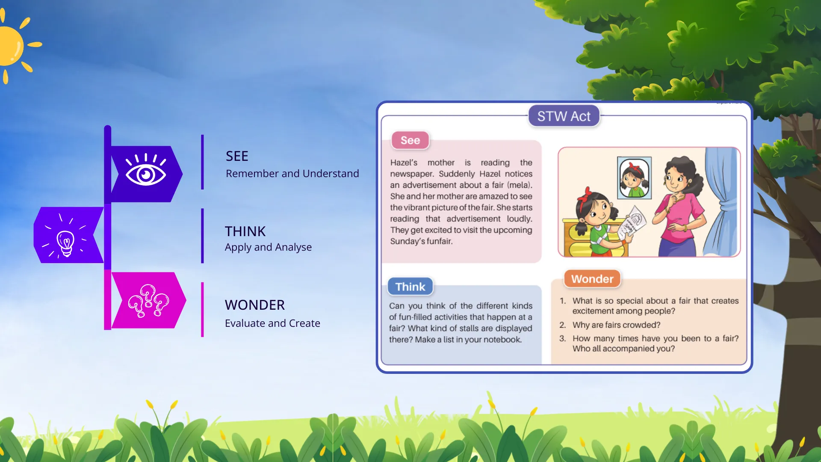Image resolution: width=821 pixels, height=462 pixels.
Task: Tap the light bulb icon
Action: (x=66, y=242)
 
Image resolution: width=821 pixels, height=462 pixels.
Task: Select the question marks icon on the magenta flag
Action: (x=148, y=300)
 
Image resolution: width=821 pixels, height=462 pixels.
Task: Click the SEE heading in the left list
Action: (x=237, y=156)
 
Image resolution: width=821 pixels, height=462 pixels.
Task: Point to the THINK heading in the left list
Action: (x=245, y=231)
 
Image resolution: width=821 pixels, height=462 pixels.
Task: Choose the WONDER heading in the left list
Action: (x=254, y=305)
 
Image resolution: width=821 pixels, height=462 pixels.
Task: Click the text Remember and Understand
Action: (x=292, y=174)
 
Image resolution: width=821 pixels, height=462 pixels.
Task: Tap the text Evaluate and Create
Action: (x=272, y=323)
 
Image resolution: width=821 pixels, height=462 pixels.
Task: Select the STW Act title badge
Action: (x=564, y=116)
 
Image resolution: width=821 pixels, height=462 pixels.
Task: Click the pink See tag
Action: (x=410, y=140)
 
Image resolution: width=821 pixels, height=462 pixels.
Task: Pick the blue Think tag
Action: (x=410, y=287)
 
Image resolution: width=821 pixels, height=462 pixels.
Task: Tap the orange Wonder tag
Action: (x=592, y=279)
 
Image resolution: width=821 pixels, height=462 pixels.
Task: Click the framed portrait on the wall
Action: (x=634, y=178)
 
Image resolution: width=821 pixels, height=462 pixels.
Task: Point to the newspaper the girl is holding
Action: (x=632, y=223)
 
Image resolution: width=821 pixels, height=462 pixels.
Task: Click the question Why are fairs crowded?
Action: (x=616, y=325)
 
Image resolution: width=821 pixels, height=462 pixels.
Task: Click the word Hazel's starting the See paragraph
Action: (x=403, y=163)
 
